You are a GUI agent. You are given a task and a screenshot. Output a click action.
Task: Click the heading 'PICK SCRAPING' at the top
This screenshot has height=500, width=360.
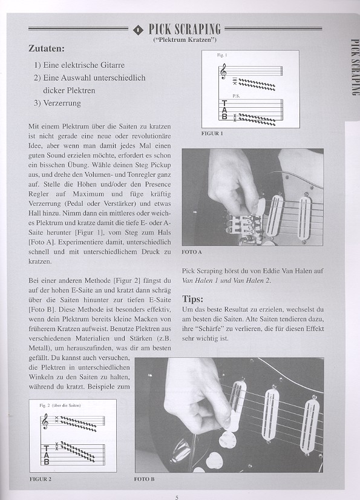point(185,29)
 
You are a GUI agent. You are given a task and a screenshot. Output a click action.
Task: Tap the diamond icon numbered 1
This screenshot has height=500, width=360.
point(138,30)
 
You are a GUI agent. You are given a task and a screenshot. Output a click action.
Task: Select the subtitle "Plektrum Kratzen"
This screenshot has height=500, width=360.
point(185,40)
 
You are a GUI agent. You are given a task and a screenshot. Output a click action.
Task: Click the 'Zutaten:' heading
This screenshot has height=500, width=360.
point(47,48)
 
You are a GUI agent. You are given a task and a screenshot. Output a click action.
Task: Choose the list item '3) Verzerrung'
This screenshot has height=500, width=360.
point(57,104)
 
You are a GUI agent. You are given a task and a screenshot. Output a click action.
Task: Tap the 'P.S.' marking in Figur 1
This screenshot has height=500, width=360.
point(236,96)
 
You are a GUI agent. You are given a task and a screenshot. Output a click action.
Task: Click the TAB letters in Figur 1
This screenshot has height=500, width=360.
point(224,110)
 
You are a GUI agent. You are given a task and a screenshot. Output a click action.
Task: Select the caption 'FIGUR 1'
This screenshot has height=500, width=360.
point(212,134)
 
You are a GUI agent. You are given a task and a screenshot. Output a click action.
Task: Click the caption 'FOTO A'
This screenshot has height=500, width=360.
point(192,252)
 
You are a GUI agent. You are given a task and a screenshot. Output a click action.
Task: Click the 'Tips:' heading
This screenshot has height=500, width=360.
point(192,299)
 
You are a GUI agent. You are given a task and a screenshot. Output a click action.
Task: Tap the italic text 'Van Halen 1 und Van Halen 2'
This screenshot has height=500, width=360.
point(226,281)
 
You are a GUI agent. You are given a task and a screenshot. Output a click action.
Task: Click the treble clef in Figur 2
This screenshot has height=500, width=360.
point(45,421)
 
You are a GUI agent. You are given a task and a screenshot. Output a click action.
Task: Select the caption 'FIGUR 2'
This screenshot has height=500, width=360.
point(41,479)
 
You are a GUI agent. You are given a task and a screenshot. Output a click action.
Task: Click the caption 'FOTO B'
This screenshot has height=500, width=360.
point(144,479)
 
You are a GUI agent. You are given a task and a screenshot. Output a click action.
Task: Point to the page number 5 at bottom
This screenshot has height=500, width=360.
point(177,497)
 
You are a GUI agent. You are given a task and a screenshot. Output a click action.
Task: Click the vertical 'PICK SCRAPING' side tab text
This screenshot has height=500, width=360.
point(355,67)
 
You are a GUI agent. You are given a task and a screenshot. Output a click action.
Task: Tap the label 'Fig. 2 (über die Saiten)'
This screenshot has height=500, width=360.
point(60,406)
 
